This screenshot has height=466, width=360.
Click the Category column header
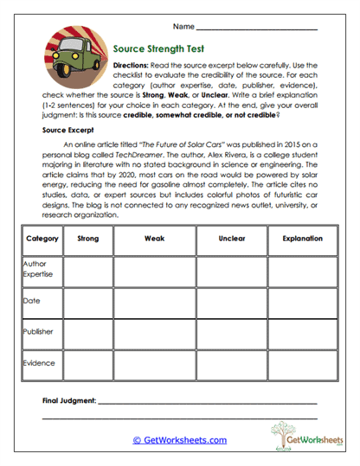pyautogui.click(x=42, y=238)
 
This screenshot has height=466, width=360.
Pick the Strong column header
pyautogui.click(x=88, y=238)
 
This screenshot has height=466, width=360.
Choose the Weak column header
pyautogui.click(x=154, y=238)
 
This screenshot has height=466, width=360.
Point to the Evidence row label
pyautogui.click(x=37, y=363)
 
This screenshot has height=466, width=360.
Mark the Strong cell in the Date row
pyautogui.click(x=88, y=302)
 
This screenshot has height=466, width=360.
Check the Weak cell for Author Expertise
pyautogui.click(x=154, y=271)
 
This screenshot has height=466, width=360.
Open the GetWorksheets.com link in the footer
pyautogui.click(x=179, y=440)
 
